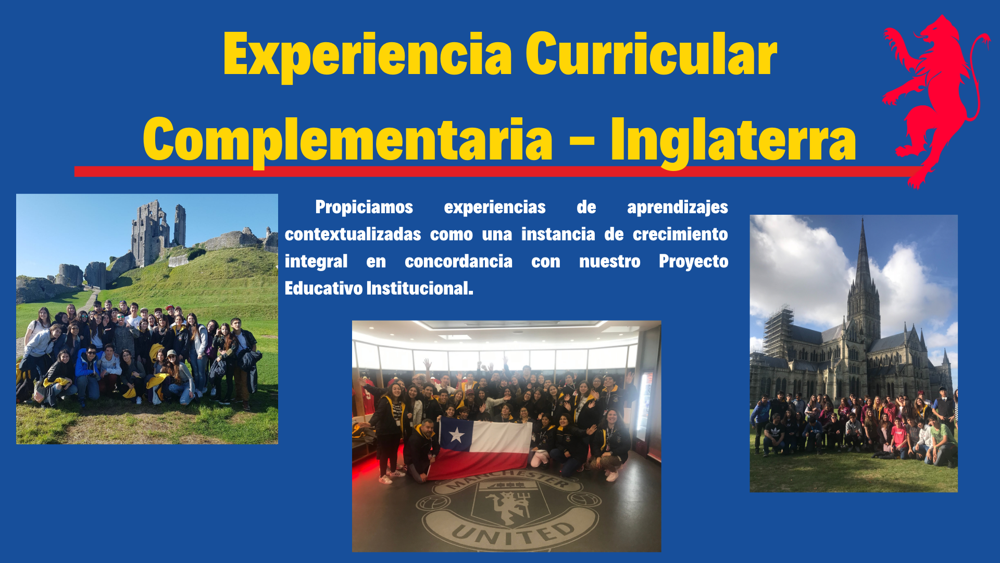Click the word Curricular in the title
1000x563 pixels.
(651, 54)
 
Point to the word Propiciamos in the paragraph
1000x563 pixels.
(364, 207)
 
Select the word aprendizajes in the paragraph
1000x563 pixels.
(678, 207)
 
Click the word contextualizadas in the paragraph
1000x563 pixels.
(353, 234)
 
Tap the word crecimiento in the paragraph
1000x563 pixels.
(680, 234)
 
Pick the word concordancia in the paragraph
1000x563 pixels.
(458, 261)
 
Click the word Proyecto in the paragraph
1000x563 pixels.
(693, 262)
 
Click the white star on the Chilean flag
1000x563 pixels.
(457, 434)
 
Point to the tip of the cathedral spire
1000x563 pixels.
(863, 219)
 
